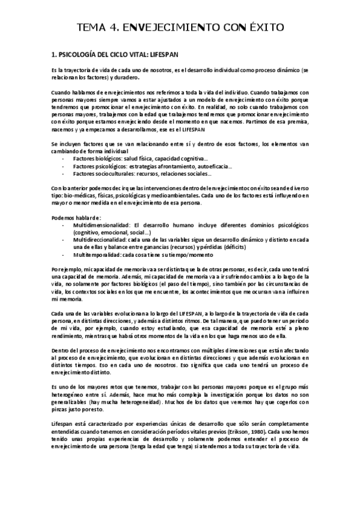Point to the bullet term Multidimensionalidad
[99, 224]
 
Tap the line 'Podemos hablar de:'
[76, 217]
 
